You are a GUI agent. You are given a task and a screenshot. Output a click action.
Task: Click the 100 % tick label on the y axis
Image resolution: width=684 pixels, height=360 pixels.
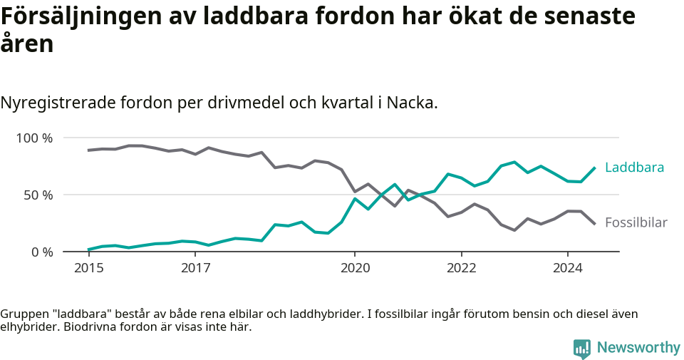tap(34, 138)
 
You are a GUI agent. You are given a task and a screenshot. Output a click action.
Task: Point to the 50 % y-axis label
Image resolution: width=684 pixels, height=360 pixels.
tap(38, 195)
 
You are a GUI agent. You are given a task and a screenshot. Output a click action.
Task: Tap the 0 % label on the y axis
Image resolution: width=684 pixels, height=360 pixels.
tap(41, 252)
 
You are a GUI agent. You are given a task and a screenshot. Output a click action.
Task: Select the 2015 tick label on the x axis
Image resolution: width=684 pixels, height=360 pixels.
tap(88, 268)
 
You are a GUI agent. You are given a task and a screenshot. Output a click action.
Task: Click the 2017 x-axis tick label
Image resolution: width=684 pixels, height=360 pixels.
tap(195, 268)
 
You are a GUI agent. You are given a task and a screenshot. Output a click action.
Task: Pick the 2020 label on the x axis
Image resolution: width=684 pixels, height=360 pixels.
tap(355, 268)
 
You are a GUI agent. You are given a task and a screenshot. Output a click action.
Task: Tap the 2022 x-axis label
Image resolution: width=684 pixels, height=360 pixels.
tap(461, 268)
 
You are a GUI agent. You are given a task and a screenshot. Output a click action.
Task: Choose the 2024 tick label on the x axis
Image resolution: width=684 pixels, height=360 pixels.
tap(568, 268)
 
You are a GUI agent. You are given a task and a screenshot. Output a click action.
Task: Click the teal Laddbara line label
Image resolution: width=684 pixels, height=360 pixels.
tap(634, 168)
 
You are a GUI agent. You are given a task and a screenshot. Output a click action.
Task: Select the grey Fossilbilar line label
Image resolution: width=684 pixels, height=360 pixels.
tap(636, 222)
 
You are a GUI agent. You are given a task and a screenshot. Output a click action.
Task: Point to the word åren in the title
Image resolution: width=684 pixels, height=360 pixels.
tap(27, 44)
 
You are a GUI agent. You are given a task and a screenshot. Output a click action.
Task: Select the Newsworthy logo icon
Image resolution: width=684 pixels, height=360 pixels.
tap(582, 348)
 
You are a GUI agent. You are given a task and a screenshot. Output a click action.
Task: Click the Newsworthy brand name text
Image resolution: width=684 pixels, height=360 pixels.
tap(638, 348)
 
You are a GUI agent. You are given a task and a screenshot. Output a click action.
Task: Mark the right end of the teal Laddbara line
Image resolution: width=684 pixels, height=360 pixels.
tap(594, 168)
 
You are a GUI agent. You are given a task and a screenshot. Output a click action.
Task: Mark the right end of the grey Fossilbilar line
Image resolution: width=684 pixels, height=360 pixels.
tap(594, 224)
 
